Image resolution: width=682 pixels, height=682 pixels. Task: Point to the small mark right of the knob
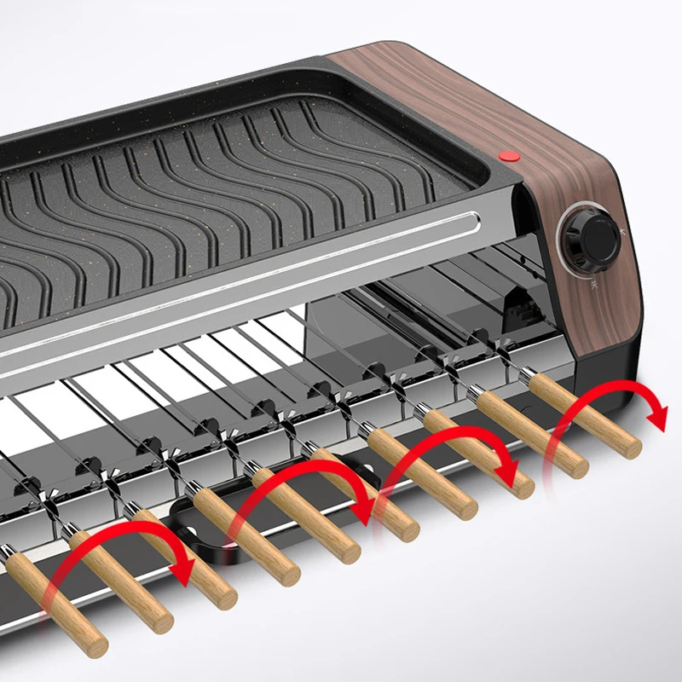tap(624, 230)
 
